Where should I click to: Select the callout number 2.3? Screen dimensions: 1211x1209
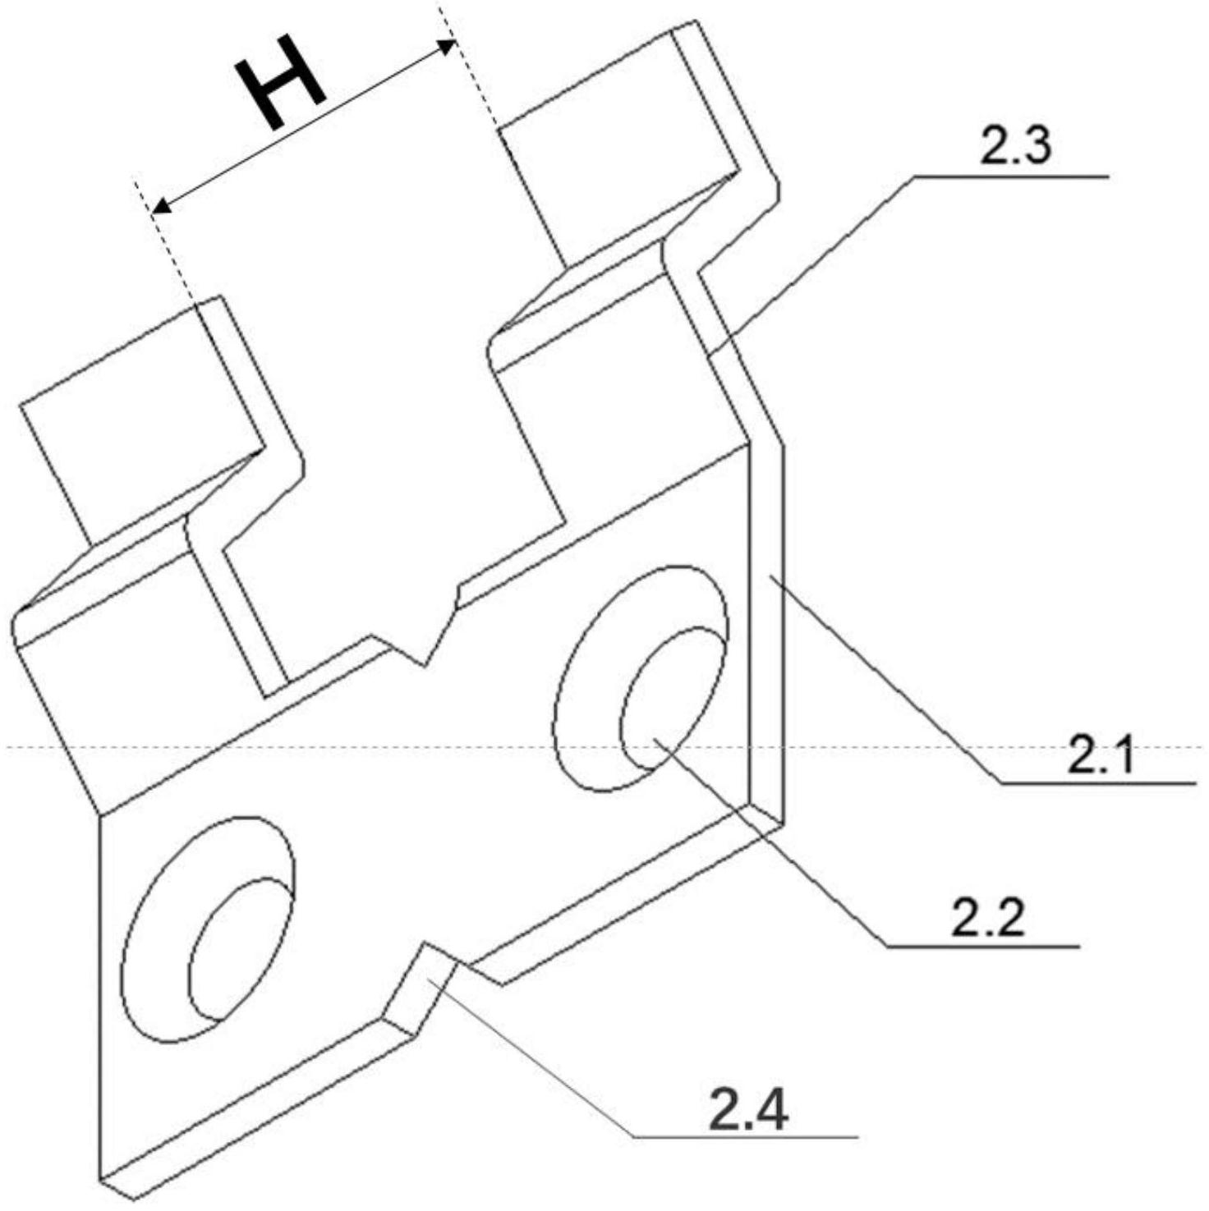1015,146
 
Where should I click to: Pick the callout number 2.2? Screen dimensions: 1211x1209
988,919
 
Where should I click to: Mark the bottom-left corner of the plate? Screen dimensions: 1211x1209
103,1178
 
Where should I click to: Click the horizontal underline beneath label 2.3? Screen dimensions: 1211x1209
1010,176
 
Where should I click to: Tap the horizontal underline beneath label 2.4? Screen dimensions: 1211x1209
743,1135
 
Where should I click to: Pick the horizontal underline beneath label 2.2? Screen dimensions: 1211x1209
981,947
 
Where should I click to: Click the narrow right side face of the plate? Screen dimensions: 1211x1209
767,632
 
